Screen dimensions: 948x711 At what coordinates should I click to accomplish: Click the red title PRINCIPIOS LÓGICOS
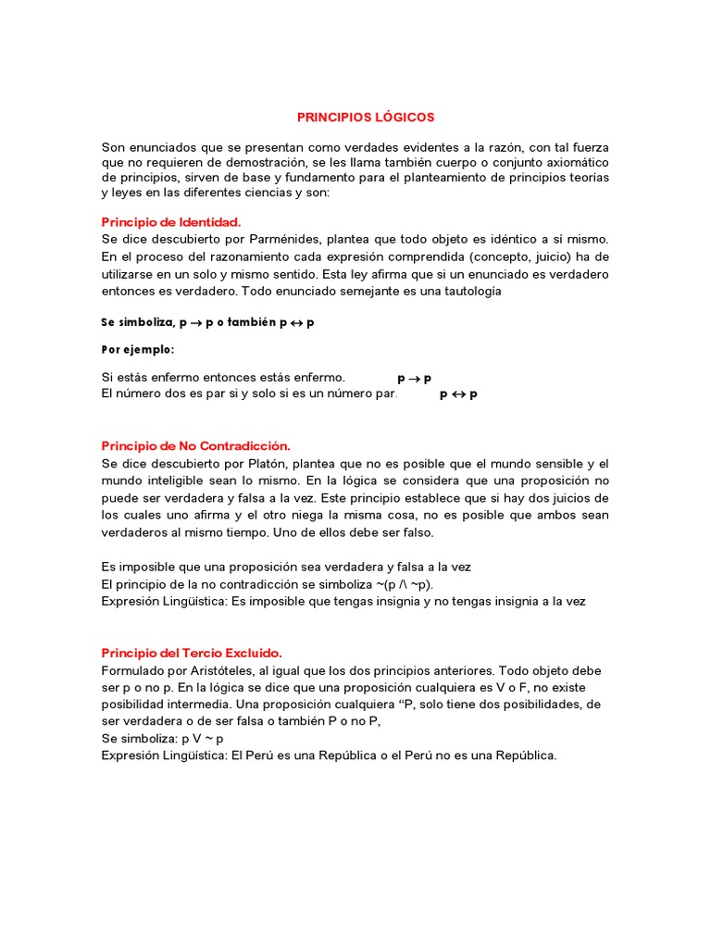pyautogui.click(x=365, y=118)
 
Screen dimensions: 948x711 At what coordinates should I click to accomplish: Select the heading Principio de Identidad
pyautogui.click(x=170, y=222)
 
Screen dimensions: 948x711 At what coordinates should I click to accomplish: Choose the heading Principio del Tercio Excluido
pyautogui.click(x=190, y=653)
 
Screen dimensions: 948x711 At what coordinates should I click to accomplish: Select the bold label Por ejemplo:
pyautogui.click(x=137, y=350)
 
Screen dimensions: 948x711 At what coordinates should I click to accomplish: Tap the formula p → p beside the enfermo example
pyautogui.click(x=415, y=378)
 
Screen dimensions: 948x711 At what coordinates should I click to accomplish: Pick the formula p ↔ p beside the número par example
pyautogui.click(x=458, y=394)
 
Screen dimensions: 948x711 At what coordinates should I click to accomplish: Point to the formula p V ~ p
pyautogui.click(x=195, y=739)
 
